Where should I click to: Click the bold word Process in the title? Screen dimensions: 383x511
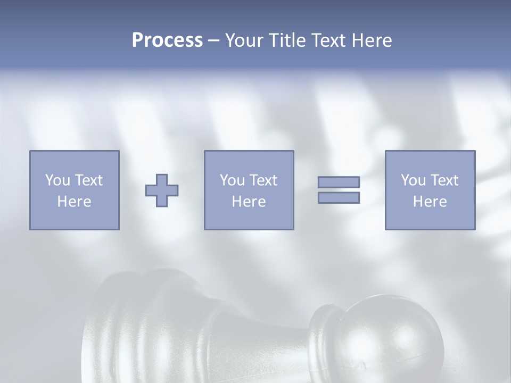point(167,40)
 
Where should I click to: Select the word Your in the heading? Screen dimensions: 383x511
point(244,40)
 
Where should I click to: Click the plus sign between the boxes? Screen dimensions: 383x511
point(162,190)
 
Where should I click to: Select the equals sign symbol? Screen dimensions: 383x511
point(339,190)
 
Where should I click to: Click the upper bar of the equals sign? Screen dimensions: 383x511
point(339,182)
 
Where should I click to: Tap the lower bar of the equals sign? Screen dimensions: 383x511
point(339,198)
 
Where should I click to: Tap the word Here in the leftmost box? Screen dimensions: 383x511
point(74,202)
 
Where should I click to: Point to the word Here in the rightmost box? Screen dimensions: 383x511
point(430,202)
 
